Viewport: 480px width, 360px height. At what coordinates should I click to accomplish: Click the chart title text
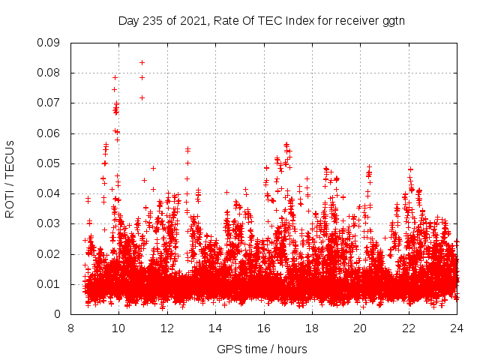261,20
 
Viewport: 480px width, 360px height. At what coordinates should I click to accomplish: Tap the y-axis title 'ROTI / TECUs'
10,178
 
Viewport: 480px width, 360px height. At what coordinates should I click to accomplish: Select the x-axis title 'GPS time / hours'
263,349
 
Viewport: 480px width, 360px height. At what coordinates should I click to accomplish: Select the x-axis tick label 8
71,328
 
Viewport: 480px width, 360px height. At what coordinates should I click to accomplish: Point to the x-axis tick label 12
167,328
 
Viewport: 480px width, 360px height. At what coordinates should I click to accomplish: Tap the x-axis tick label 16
264,328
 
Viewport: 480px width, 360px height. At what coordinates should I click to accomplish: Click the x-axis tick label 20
360,328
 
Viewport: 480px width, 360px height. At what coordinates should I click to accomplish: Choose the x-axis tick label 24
457,328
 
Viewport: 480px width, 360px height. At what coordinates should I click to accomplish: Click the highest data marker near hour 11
142,62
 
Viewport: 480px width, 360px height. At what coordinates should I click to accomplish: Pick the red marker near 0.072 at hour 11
142,97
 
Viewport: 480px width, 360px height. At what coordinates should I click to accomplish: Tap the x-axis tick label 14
215,328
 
